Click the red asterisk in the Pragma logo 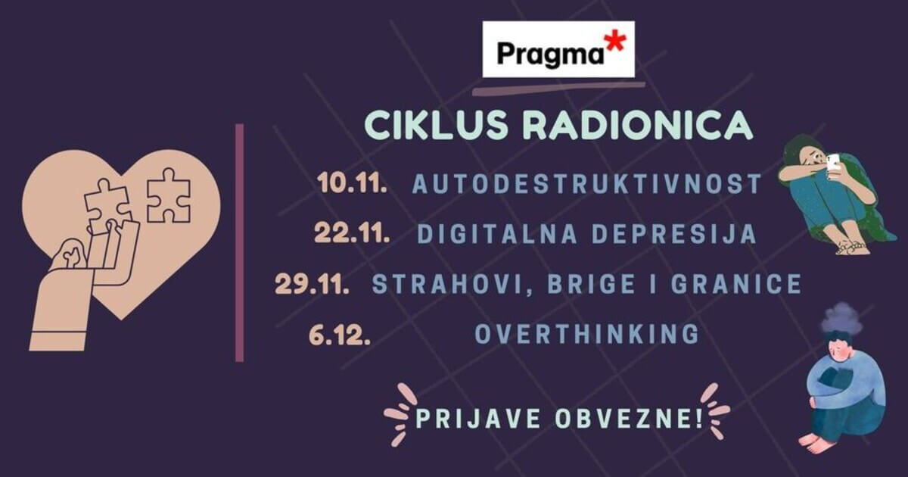[614, 42]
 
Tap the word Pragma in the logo [551, 55]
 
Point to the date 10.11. [353, 183]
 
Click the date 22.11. [352, 233]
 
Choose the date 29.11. [312, 283]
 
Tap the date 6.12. [340, 335]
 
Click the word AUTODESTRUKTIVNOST [587, 184]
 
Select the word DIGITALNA [497, 234]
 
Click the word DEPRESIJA [674, 234]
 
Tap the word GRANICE [736, 284]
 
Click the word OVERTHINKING [587, 334]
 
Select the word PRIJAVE [478, 419]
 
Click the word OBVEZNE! [629, 419]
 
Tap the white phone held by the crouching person [832, 164]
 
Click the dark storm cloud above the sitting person [842, 317]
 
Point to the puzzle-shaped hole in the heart [168, 195]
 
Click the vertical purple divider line [240, 242]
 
